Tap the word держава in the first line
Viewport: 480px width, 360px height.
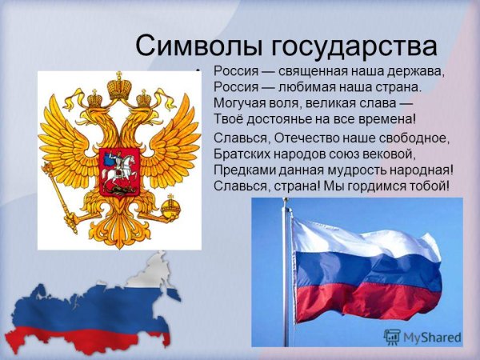(x=413, y=70)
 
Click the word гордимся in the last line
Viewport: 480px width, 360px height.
(x=386, y=186)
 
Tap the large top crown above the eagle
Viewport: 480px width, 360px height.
(x=119, y=85)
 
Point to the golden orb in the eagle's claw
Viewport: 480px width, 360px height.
(x=170, y=210)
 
